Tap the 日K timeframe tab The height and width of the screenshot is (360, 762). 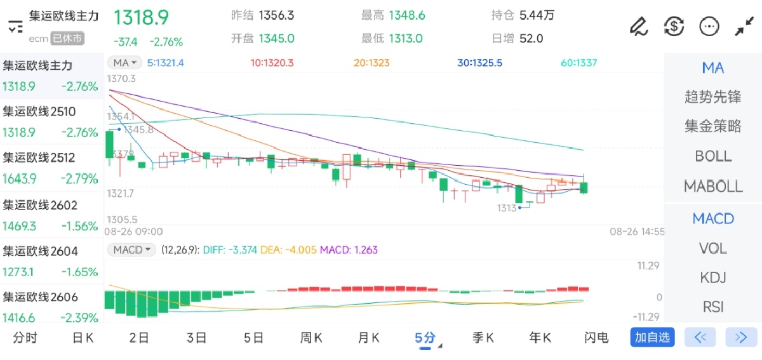[83, 338]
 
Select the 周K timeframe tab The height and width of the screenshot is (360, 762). [311, 338]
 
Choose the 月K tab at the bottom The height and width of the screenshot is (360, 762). [368, 338]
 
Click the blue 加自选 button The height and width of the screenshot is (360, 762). [652, 337]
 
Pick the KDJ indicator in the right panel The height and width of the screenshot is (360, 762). [713, 277]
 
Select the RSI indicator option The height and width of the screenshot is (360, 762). [713, 307]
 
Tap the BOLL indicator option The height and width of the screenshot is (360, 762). [713, 156]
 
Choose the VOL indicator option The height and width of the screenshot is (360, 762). [713, 248]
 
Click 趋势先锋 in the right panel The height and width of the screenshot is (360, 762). [713, 97]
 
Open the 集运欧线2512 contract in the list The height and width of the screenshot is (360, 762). [39, 157]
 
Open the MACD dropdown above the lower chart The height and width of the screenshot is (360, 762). [132, 250]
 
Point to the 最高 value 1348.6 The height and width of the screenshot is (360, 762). [406, 15]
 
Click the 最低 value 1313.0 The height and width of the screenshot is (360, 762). [405, 38]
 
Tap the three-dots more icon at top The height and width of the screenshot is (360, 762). [709, 26]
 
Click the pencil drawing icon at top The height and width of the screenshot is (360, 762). [638, 26]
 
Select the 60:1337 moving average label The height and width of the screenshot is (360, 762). [578, 63]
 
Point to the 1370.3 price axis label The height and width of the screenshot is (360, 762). [121, 79]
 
